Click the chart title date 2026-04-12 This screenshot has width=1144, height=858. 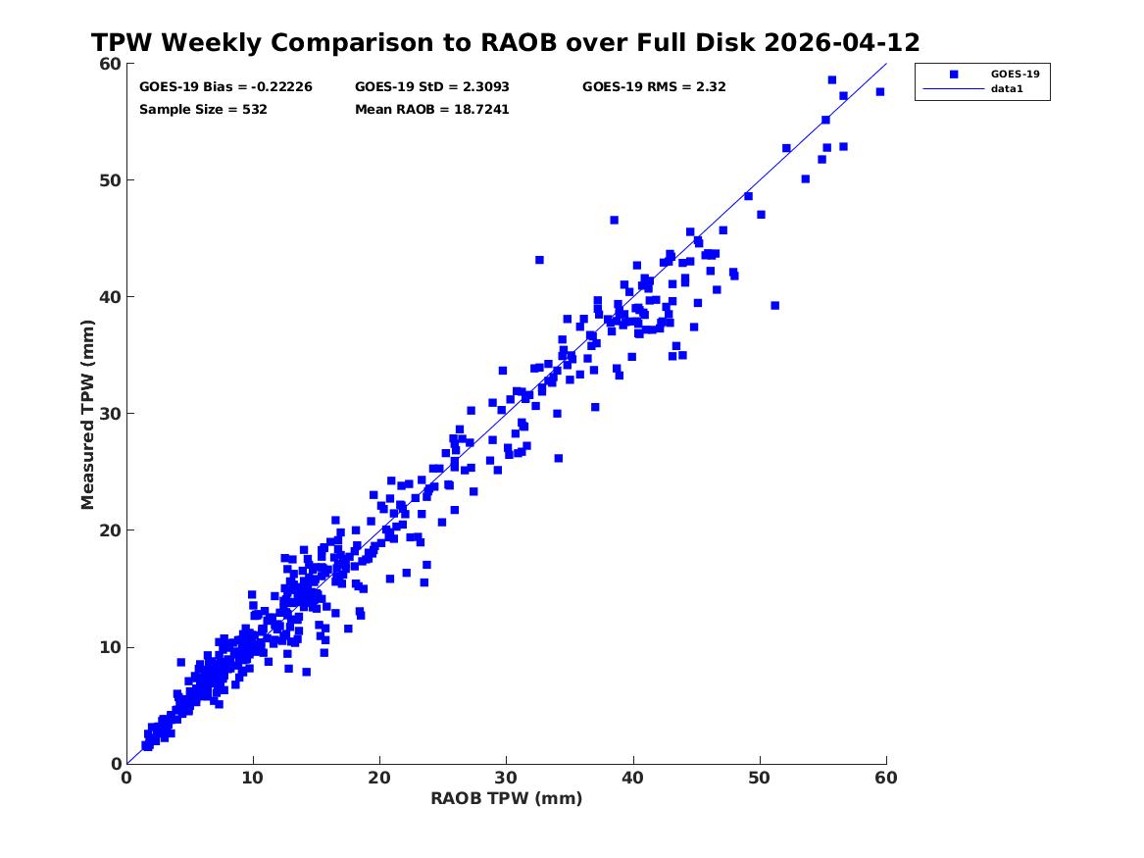pyautogui.click(x=842, y=42)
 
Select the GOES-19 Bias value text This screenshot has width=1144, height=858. pyautogui.click(x=225, y=87)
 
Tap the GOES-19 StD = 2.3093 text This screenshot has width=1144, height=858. pyautogui.click(x=432, y=87)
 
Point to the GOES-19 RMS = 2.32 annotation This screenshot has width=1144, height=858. pyautogui.click(x=654, y=87)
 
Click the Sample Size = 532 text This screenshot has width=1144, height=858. pyautogui.click(x=203, y=110)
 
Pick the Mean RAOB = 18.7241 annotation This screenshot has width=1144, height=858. pyautogui.click(x=432, y=110)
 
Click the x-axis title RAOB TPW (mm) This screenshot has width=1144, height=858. pyautogui.click(x=507, y=798)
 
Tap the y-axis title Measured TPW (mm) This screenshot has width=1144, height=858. pyautogui.click(x=87, y=414)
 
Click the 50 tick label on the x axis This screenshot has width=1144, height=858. pyautogui.click(x=759, y=778)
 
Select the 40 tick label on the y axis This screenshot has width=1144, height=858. pyautogui.click(x=110, y=297)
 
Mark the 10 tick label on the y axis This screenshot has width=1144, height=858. pyautogui.click(x=110, y=647)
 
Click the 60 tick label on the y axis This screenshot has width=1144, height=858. pyautogui.click(x=110, y=64)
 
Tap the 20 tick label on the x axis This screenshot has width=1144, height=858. pyautogui.click(x=379, y=778)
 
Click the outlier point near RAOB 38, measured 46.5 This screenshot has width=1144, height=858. pyautogui.click(x=615, y=221)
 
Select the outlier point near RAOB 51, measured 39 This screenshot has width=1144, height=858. pyautogui.click(x=774, y=306)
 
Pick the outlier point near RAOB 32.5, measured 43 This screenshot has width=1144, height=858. pyautogui.click(x=539, y=260)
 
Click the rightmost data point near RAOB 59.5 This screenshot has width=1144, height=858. pyautogui.click(x=880, y=92)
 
